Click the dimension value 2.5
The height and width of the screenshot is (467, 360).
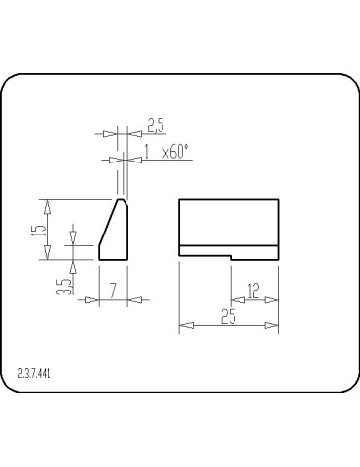(x=156, y=124)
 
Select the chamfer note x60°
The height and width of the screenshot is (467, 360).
(x=175, y=151)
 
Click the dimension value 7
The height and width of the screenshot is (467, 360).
(x=114, y=289)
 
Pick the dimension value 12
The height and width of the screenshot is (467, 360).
(x=253, y=289)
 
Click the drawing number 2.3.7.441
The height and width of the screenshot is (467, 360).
(x=34, y=373)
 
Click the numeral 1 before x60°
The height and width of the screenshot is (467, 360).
(x=146, y=151)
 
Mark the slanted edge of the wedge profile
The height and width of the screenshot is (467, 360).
(x=109, y=231)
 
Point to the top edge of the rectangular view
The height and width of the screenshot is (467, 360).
(x=229, y=199)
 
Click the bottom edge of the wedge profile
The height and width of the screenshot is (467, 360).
(x=114, y=261)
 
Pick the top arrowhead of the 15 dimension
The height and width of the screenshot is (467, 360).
(x=45, y=205)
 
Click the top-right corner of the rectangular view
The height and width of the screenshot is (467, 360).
(x=279, y=199)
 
